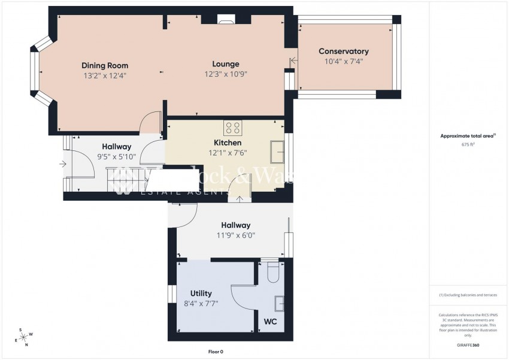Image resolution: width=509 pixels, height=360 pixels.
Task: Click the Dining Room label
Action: click(105, 65)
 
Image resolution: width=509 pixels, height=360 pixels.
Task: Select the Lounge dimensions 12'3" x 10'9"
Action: click(225, 75)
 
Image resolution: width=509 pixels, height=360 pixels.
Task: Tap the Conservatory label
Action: click(343, 52)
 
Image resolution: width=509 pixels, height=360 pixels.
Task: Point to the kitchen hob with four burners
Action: click(232, 128)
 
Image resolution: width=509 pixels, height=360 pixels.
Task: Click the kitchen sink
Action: click(277, 151)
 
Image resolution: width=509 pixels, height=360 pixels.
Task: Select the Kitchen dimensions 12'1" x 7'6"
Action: click(228, 153)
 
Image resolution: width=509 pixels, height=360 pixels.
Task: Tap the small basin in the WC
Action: click(278, 304)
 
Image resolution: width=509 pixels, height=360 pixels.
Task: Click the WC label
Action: click(270, 321)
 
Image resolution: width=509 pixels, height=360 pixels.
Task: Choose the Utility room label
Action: click(201, 293)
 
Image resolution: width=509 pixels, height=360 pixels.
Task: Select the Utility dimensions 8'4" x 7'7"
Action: click(201, 303)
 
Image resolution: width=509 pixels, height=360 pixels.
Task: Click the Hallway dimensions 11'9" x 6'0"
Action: click(235, 235)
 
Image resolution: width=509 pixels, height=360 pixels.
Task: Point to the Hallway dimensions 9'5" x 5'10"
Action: click(116, 157)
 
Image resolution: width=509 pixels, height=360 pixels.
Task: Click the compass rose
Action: click(25, 338)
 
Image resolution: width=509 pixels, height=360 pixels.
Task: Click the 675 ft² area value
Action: click(467, 144)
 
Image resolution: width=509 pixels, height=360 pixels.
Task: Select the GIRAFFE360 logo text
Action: click(467, 346)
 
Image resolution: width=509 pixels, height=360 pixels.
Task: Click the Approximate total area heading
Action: click(467, 136)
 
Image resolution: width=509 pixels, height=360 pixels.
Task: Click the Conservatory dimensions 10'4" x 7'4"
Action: click(343, 61)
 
